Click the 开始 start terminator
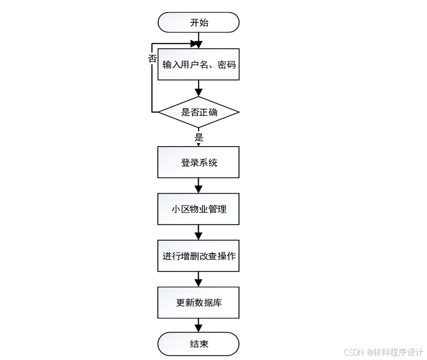coord(199,22)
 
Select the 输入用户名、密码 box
coord(199,64)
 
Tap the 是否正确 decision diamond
coord(199,112)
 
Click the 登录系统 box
coord(199,162)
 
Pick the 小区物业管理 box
coord(199,209)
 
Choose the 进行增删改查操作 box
coord(199,256)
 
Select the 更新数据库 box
coord(199,302)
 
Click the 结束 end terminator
coord(199,343)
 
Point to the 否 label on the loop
coord(152,58)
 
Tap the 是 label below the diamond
coord(199,137)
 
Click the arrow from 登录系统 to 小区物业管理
coord(199,186)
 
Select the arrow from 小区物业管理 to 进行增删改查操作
coord(199,232)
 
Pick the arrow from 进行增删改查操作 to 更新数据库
coord(199,279)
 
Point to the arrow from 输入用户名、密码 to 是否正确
coord(199,88)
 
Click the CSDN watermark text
coord(383,352)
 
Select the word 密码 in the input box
coord(227,64)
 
